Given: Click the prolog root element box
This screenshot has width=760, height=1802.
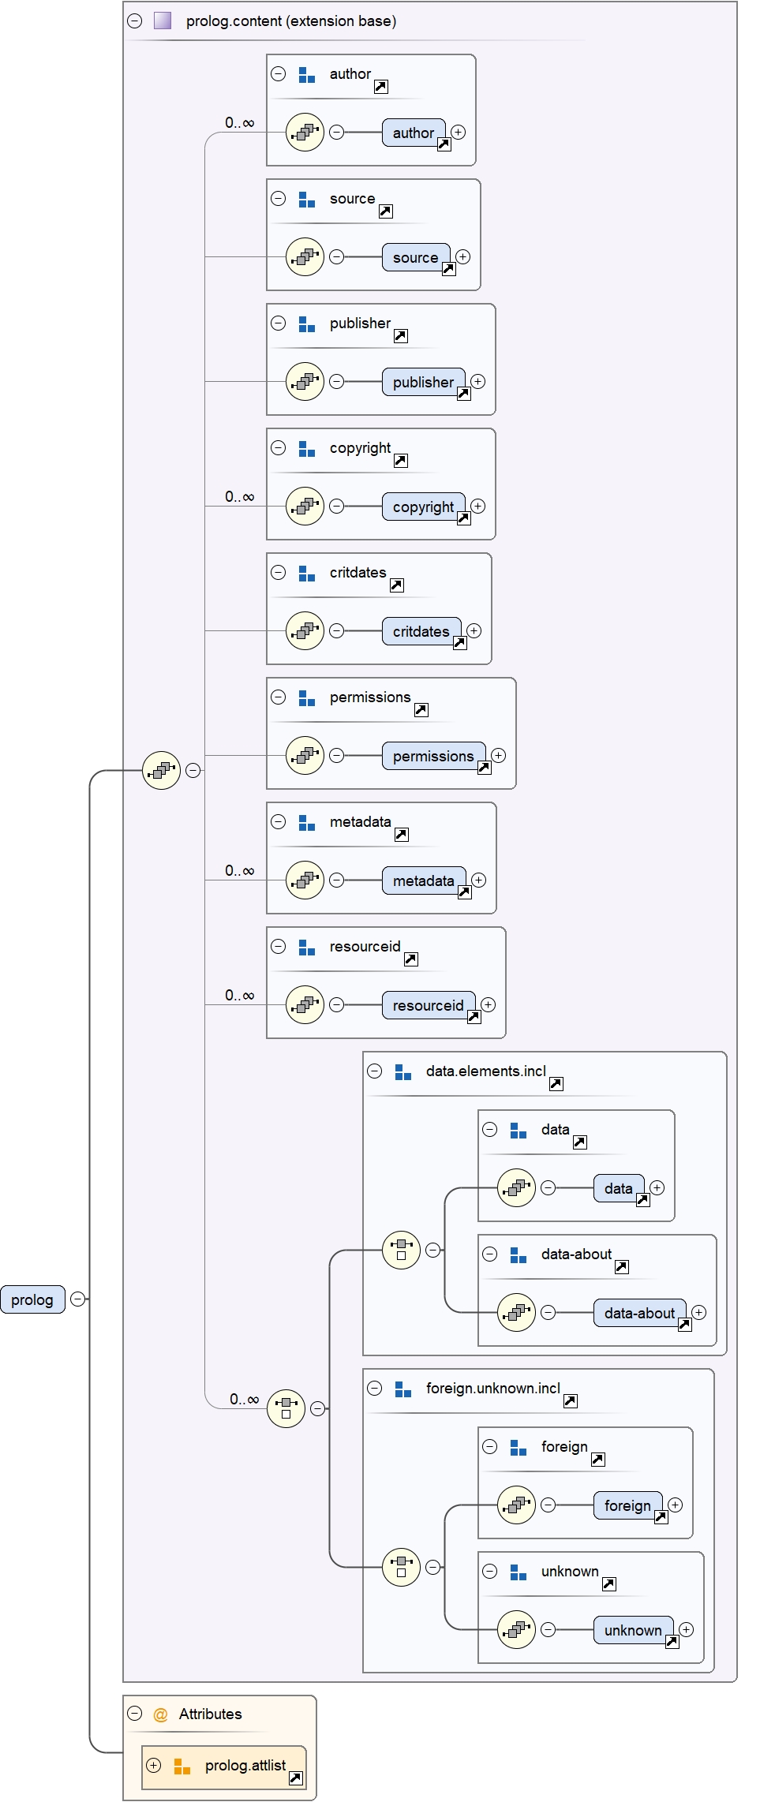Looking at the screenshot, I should click(x=32, y=1299).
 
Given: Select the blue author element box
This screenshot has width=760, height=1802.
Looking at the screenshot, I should click(x=414, y=133).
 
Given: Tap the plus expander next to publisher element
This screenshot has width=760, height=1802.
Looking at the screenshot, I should click(x=478, y=381).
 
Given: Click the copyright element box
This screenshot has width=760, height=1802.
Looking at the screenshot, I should click(x=423, y=507).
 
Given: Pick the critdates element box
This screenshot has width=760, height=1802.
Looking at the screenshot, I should click(x=421, y=631).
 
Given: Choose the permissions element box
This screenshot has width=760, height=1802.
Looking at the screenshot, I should click(x=433, y=756).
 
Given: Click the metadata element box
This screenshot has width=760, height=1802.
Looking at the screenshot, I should click(x=423, y=880).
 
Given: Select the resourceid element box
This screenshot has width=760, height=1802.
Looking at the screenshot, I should click(x=428, y=1005).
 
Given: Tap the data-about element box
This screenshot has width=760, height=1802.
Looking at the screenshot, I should click(x=639, y=1313).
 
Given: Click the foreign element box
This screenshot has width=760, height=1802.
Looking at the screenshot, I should click(x=627, y=1505).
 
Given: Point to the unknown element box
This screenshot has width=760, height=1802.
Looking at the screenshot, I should click(x=633, y=1630).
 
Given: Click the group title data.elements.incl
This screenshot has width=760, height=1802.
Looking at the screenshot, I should click(x=485, y=1071).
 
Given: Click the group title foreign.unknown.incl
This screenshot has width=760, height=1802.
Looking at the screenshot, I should click(x=492, y=1388).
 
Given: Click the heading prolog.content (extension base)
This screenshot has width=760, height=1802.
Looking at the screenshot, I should click(x=290, y=21).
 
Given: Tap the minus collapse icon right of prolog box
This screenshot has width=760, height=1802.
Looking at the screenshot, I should click(x=77, y=1299).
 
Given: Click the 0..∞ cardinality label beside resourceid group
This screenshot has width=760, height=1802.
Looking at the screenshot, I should click(x=239, y=995).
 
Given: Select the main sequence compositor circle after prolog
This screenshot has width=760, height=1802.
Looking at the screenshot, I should click(x=162, y=770).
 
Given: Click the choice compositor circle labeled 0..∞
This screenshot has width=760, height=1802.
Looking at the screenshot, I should click(x=286, y=1408).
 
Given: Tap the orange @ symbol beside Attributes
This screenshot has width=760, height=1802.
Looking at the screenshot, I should click(x=160, y=1714).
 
